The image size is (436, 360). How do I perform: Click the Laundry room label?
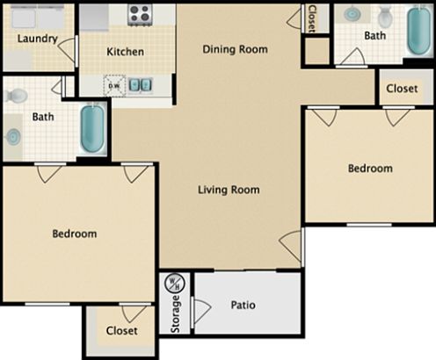(x=37, y=39)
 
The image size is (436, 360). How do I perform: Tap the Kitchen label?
(x=125, y=52)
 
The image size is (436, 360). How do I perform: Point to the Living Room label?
(x=228, y=189)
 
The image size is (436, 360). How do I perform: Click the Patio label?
(x=243, y=306)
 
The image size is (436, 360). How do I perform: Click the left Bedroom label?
(x=74, y=234)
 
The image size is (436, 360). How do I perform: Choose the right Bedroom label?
(x=369, y=169)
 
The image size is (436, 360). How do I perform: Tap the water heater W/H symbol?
(x=174, y=284)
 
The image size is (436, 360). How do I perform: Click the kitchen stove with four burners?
(x=139, y=13)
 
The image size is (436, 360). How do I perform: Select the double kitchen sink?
(x=138, y=85)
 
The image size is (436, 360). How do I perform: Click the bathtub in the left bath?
(x=91, y=129)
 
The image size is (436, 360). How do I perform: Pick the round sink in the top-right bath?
(x=352, y=15)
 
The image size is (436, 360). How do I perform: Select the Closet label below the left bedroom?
(x=121, y=331)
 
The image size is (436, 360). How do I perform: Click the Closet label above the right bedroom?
(x=402, y=88)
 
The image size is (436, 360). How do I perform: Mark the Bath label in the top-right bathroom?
(x=374, y=36)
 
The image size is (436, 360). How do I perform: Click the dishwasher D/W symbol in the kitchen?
(x=113, y=85)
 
